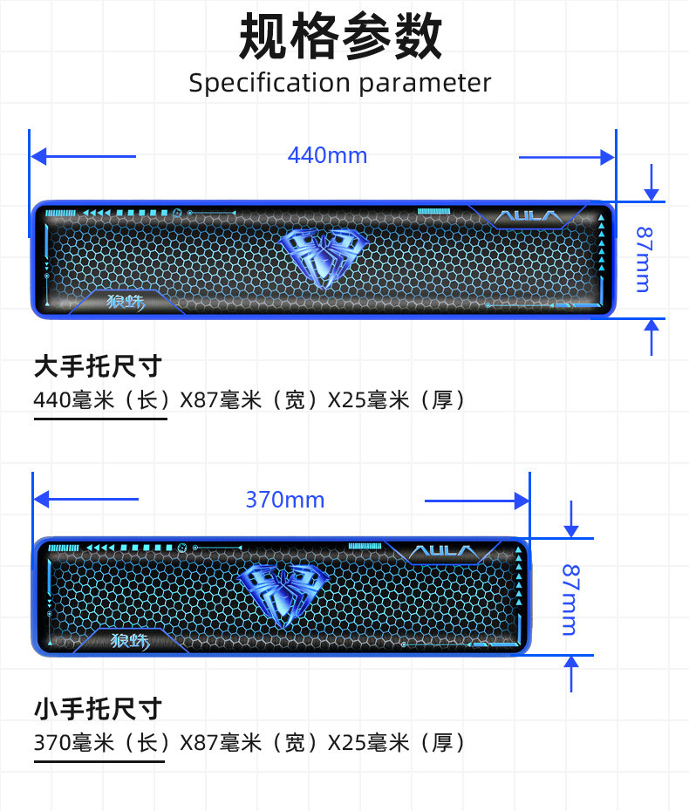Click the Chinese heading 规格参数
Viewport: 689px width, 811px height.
pyautogui.click(x=341, y=37)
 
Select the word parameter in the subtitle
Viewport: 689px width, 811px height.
pyautogui.click(x=425, y=84)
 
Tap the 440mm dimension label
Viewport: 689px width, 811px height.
pyautogui.click(x=327, y=156)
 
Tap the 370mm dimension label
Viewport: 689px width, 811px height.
pyautogui.click(x=284, y=500)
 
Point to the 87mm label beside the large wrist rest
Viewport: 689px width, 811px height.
pyautogui.click(x=643, y=259)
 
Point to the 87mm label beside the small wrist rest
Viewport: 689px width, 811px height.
pyautogui.click(x=570, y=599)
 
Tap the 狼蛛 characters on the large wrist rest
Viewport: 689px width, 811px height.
pyautogui.click(x=126, y=303)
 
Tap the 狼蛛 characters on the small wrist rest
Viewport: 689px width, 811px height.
pyautogui.click(x=131, y=641)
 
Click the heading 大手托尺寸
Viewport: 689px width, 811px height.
pyautogui.click(x=98, y=366)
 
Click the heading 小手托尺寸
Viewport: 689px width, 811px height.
pyautogui.click(x=98, y=708)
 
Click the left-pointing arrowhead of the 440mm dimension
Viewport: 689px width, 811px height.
pyautogui.click(x=38, y=157)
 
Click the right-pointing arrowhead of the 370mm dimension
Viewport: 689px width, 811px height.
pyautogui.click(x=523, y=500)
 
